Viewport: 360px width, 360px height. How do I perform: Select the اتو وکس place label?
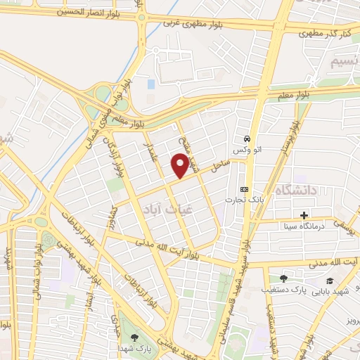pyautogui.click(x=249, y=151)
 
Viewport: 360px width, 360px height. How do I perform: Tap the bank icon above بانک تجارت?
pyautogui.click(x=244, y=189)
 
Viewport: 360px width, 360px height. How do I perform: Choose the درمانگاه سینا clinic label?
pyautogui.click(x=304, y=226)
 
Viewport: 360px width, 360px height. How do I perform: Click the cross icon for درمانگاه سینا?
pyautogui.click(x=304, y=215)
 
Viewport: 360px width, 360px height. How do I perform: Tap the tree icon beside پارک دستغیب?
pyautogui.click(x=283, y=278)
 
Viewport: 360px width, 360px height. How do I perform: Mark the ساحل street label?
pyautogui.click(x=221, y=167)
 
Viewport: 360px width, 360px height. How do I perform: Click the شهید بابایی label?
pyautogui.click(x=332, y=290)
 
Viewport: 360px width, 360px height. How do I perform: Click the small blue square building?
pyautogui.click(x=150, y=84)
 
